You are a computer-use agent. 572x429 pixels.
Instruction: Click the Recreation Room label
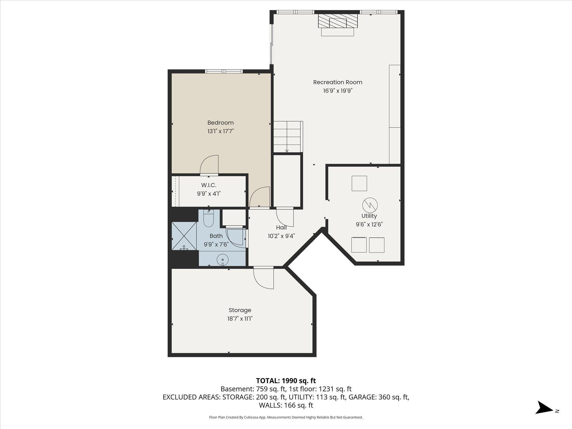click(x=338, y=82)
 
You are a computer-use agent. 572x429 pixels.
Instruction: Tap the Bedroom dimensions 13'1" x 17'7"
click(x=220, y=131)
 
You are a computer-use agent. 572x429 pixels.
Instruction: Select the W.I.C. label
click(x=209, y=185)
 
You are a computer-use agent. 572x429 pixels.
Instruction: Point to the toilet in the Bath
click(x=208, y=218)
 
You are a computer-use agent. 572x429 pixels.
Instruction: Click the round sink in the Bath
click(x=223, y=259)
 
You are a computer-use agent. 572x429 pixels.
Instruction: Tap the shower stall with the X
click(x=184, y=236)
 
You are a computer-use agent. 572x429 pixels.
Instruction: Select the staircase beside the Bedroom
click(x=288, y=137)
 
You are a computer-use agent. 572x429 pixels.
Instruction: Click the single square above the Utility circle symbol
click(x=359, y=183)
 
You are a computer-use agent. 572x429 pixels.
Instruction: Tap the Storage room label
click(x=240, y=310)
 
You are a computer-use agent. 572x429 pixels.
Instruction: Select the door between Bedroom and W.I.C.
click(x=209, y=165)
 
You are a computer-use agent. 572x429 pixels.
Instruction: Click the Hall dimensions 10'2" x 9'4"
click(x=281, y=236)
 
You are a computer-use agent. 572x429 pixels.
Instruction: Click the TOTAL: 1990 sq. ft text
click(x=286, y=381)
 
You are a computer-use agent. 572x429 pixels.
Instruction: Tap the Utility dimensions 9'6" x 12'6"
click(x=369, y=224)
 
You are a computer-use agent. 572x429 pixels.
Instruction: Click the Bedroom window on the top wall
click(x=224, y=71)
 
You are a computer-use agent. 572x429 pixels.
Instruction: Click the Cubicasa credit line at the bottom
click(x=286, y=417)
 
